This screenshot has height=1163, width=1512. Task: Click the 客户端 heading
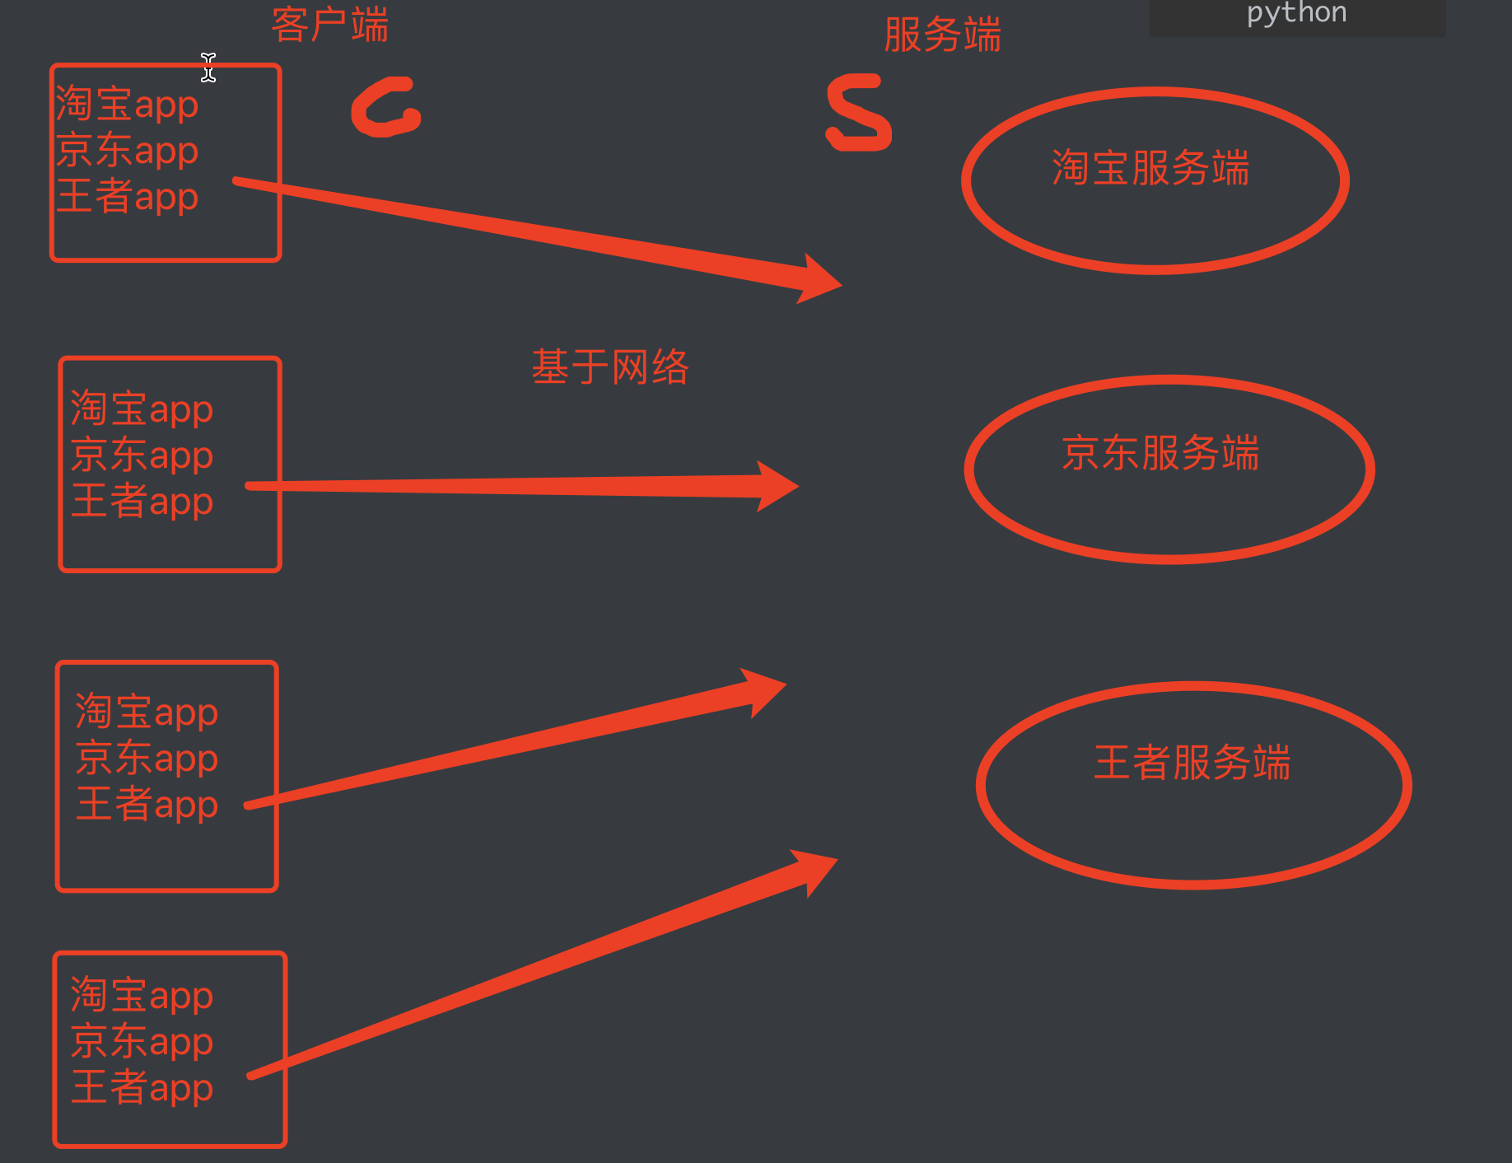tap(329, 25)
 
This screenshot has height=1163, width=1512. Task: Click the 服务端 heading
tap(942, 35)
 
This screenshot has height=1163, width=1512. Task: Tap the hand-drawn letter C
tap(385, 108)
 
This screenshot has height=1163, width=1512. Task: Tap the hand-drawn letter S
tap(859, 113)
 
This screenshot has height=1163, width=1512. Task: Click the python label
tap(1296, 13)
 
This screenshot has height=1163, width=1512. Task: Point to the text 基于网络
tap(609, 367)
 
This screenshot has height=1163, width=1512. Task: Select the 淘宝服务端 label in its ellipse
tap(1150, 168)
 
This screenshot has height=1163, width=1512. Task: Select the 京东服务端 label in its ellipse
tap(1160, 453)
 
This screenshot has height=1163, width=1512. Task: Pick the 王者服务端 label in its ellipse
tap(1192, 762)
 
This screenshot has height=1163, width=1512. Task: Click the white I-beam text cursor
tap(208, 68)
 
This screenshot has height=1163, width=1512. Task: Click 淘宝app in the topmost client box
tap(127, 105)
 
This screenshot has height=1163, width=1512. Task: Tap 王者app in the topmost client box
tap(127, 197)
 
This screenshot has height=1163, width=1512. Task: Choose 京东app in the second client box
tap(142, 455)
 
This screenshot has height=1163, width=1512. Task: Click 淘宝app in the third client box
tap(147, 712)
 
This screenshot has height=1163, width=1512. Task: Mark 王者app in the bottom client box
tap(142, 1087)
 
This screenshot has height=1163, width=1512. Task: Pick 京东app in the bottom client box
tap(142, 1041)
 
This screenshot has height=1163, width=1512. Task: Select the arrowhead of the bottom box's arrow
tap(815, 869)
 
